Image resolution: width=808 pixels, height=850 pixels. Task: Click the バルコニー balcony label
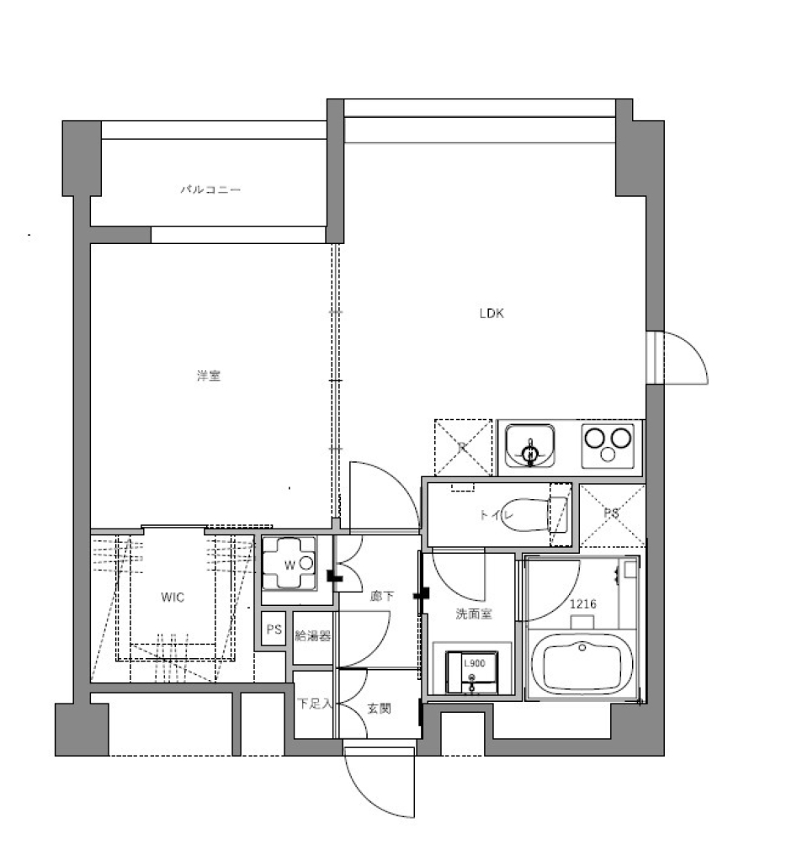(210, 190)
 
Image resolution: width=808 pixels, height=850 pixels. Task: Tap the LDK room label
(492, 314)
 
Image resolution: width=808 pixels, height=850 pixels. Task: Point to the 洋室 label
(209, 376)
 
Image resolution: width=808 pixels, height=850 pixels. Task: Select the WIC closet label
(173, 598)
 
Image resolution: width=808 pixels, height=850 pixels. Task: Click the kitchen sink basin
(529, 445)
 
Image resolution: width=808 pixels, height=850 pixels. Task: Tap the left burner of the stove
(596, 439)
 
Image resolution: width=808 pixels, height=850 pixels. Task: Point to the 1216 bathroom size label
(582, 603)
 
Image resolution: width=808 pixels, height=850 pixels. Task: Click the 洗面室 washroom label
(474, 614)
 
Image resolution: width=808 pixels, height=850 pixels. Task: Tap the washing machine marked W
(289, 564)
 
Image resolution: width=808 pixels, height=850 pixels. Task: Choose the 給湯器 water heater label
(312, 636)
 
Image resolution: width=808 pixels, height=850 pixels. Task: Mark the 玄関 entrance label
(379, 709)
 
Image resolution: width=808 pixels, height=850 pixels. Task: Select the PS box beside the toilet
(612, 514)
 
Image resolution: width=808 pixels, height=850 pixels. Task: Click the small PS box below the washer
(274, 630)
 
